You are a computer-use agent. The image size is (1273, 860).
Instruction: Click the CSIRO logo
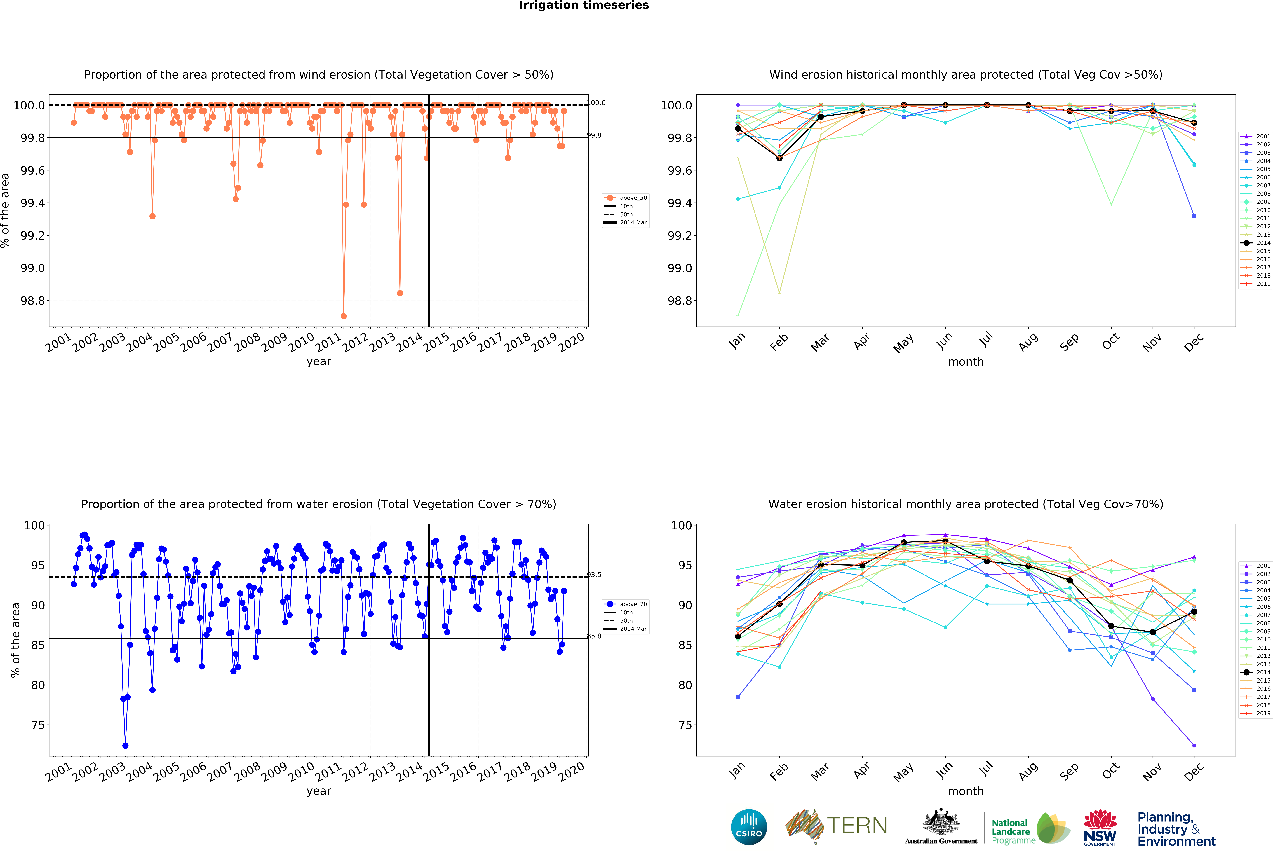749,827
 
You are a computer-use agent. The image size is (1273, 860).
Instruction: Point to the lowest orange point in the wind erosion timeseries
343,316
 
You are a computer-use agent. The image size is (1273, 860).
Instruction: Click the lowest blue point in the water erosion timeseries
125,746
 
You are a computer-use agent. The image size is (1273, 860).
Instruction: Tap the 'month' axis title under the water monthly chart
966,791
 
